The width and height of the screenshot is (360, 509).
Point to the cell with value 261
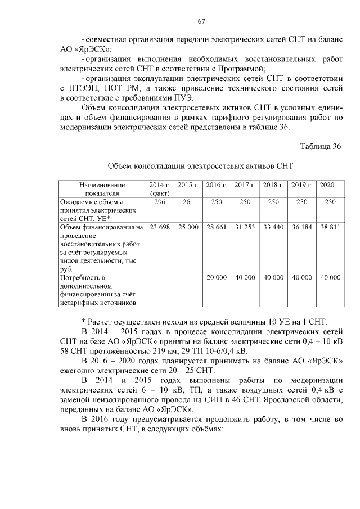(188, 201)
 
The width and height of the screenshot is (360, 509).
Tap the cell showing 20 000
(216, 278)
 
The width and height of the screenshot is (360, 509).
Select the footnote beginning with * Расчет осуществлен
(204, 321)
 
